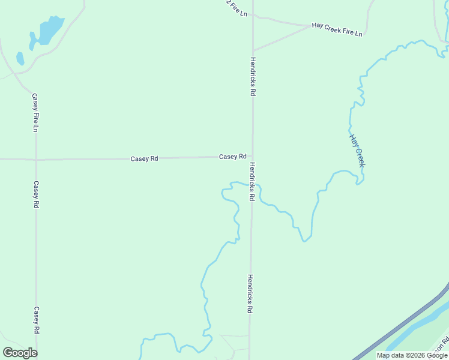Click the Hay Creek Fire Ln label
click(337, 29)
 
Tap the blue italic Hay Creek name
click(357, 150)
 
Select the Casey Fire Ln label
click(36, 112)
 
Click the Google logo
click(20, 353)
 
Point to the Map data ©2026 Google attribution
click(412, 355)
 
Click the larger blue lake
click(50, 30)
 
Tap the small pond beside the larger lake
click(20, 58)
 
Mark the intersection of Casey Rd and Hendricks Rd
click(252, 157)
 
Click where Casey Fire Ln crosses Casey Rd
click(36, 160)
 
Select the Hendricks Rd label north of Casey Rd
click(253, 77)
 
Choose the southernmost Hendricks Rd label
click(250, 294)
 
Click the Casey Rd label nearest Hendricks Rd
click(233, 157)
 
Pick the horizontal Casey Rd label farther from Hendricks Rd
click(144, 158)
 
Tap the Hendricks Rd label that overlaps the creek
click(253, 181)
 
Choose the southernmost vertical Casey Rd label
click(37, 320)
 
